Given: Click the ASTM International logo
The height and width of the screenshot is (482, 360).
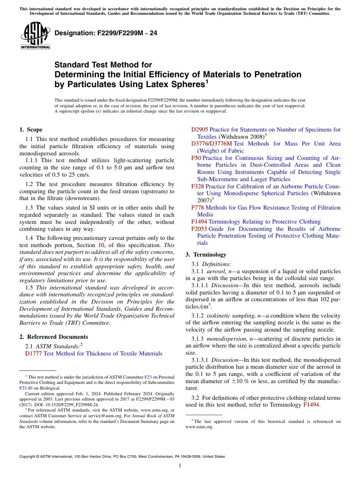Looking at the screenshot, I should (35, 36).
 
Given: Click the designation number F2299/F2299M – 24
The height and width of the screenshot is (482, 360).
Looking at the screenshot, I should (106, 33).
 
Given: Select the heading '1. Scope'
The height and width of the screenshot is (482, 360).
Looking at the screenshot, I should (31, 130).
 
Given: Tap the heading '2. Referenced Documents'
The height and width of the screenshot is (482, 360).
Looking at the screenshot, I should (54, 337).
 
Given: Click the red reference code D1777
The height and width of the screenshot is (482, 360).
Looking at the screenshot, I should (33, 354).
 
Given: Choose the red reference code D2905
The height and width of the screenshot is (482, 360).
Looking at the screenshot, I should (200, 130).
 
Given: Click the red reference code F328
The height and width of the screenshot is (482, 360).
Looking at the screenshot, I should (197, 186).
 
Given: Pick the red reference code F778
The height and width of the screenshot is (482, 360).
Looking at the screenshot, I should (197, 208).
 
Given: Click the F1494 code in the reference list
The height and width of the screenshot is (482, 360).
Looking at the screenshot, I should (199, 222).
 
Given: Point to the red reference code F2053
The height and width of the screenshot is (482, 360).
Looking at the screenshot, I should (199, 229).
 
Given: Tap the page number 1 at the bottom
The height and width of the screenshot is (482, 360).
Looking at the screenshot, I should (180, 466).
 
